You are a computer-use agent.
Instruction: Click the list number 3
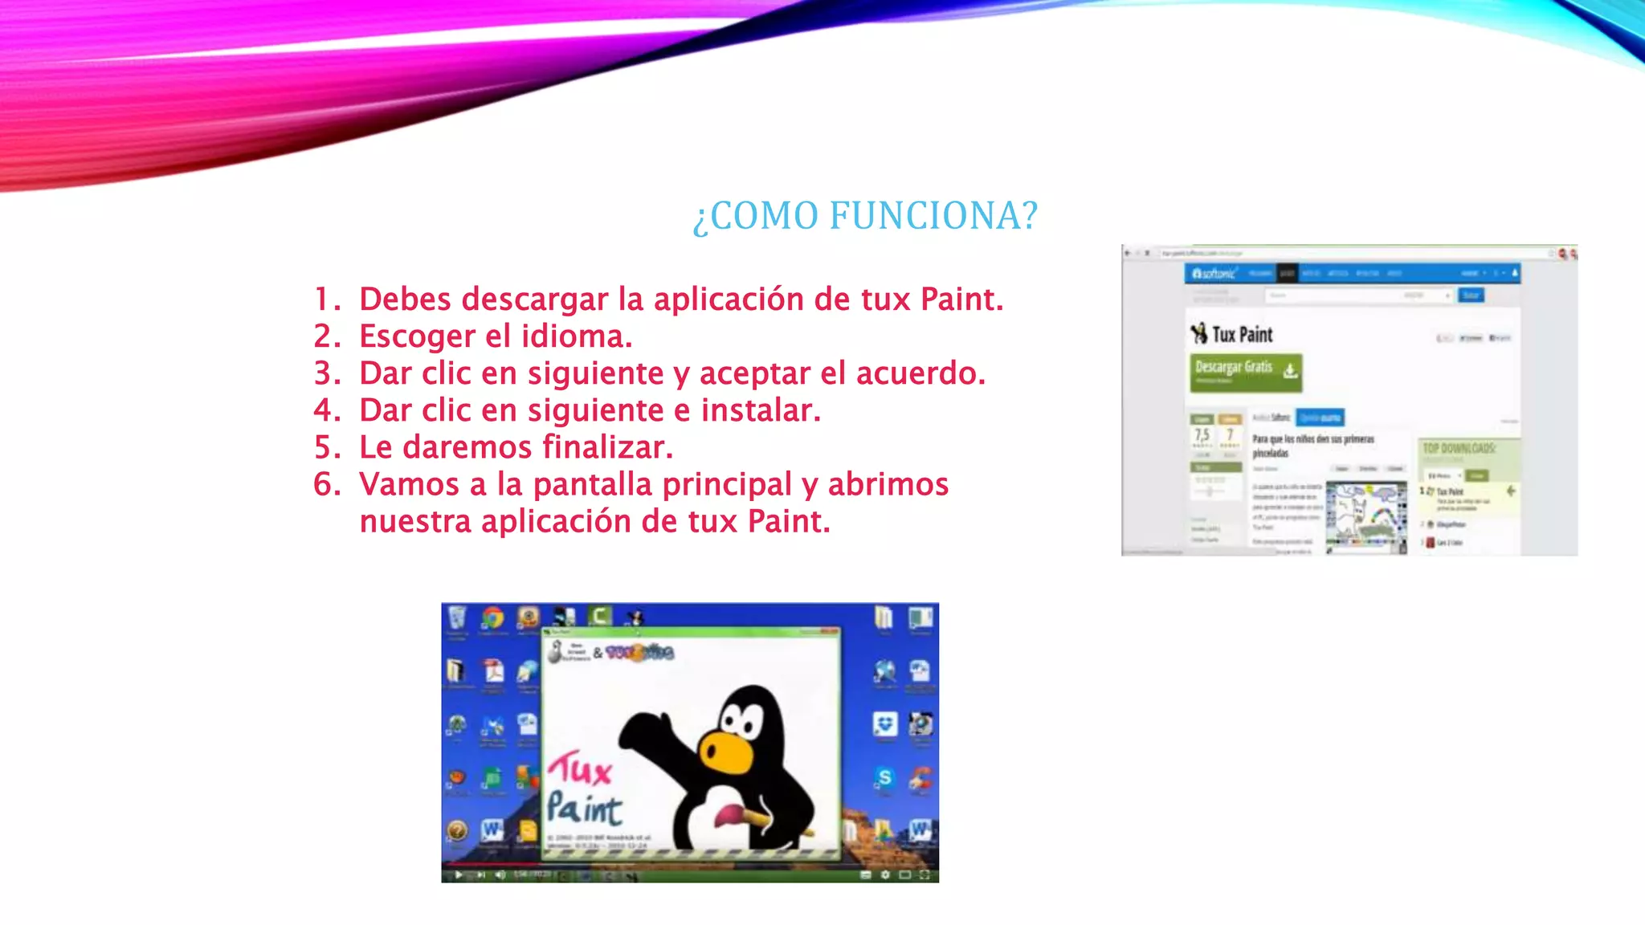[326, 373]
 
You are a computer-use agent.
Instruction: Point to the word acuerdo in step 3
[920, 373]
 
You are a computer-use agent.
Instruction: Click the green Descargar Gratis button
[1245, 372]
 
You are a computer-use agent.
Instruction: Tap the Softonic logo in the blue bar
[1214, 274]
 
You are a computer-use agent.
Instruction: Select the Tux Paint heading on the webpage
[1242, 334]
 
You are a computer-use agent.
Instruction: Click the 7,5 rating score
[1202, 434]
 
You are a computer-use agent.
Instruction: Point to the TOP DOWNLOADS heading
[1459, 448]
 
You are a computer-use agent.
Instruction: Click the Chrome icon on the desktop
[492, 617]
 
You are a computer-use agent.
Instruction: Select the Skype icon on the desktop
[884, 777]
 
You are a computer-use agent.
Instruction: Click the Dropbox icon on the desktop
[884, 724]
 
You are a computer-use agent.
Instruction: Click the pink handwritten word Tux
[581, 768]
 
